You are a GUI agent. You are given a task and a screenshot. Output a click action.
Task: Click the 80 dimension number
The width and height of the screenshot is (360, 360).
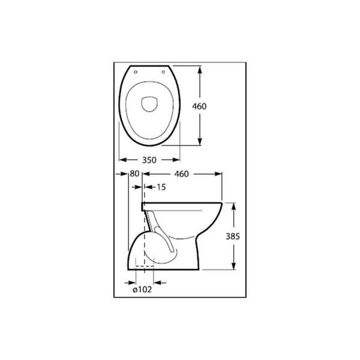coord(134,174)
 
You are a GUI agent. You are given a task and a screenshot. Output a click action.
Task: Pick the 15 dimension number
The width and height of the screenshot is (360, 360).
coord(161,187)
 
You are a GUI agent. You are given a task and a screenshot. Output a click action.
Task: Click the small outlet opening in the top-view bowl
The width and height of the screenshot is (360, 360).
coord(149,103)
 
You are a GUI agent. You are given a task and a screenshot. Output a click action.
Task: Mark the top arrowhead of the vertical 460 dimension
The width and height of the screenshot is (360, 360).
coord(199,67)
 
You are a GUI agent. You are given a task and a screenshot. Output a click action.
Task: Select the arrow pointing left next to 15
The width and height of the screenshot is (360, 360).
coord(148,187)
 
